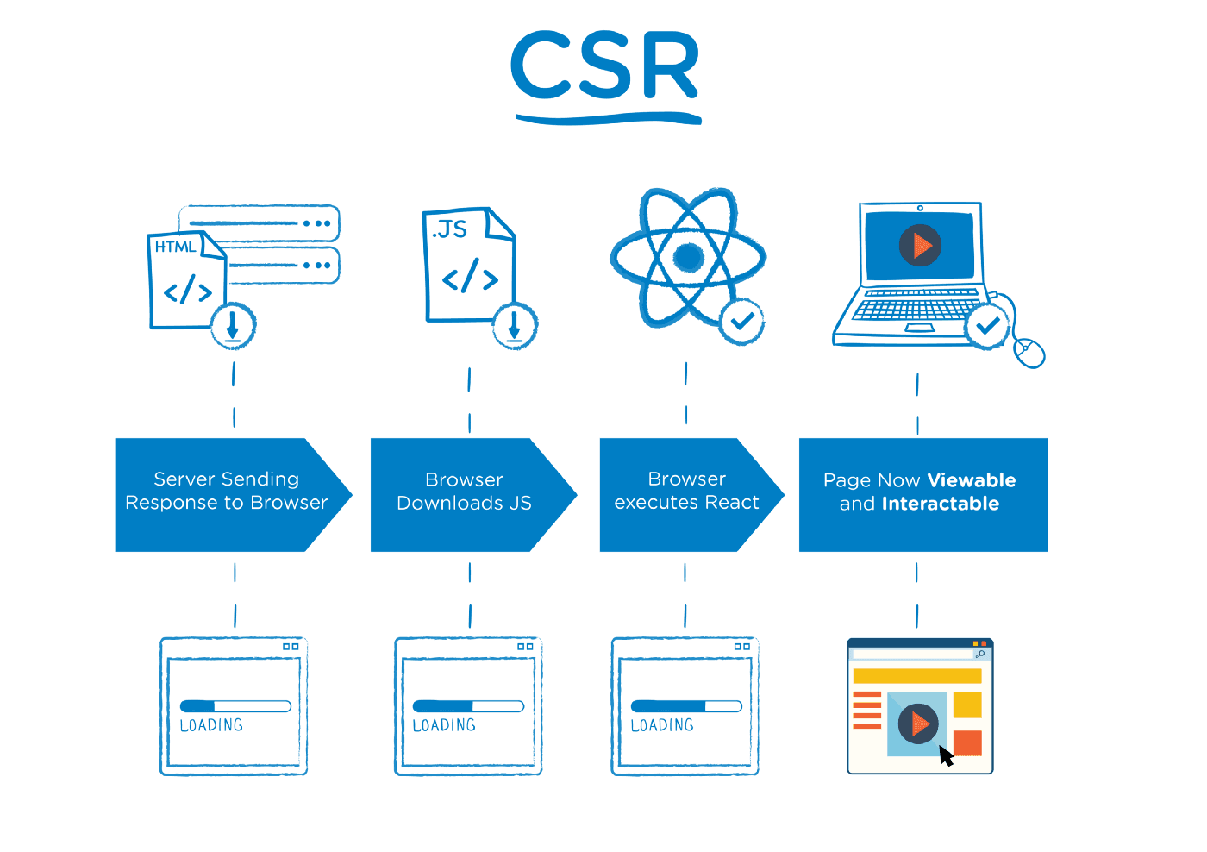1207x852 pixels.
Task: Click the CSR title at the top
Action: click(604, 67)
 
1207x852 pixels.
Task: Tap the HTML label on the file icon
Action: click(175, 247)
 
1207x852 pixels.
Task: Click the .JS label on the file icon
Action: click(450, 229)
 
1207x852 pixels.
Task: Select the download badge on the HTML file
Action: click(233, 326)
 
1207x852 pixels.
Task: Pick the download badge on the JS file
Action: click(515, 326)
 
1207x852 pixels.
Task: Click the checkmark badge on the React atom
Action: click(741, 322)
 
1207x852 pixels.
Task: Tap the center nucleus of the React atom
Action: click(688, 256)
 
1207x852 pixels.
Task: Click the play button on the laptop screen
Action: click(920, 246)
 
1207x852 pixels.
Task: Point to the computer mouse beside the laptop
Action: click(1029, 352)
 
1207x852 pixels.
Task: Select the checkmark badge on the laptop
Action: click(987, 326)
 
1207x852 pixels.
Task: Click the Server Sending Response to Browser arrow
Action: click(226, 492)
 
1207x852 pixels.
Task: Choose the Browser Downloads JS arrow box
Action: click(464, 492)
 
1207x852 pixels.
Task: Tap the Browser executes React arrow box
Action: click(686, 492)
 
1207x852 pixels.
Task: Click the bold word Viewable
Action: click(972, 480)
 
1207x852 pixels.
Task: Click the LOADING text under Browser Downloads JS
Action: click(444, 726)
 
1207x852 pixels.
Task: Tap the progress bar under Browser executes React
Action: click(686, 706)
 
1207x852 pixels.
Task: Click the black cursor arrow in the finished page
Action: click(946, 756)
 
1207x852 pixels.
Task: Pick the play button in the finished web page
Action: click(917, 724)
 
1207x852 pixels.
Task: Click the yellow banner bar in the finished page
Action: click(916, 676)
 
